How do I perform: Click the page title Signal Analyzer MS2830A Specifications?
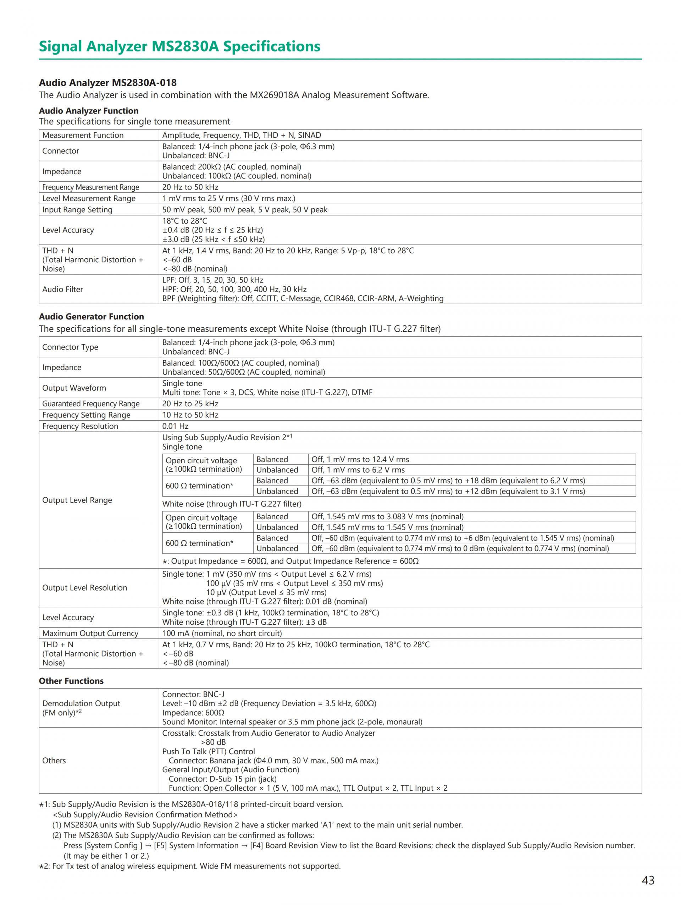pos(179,46)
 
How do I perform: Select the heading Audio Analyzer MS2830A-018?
pos(107,83)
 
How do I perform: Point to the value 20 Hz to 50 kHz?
pos(190,187)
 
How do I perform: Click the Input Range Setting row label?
pos(77,209)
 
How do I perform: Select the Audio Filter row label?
pos(62,289)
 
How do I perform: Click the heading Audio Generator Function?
pos(91,316)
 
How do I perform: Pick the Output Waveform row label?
pos(74,388)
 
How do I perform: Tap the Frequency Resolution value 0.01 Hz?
pos(175,426)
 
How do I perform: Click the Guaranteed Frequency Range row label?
pos(91,404)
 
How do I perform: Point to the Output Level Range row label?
pos(77,500)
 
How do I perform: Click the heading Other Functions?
pos(71,681)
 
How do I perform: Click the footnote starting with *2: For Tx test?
pos(190,866)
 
